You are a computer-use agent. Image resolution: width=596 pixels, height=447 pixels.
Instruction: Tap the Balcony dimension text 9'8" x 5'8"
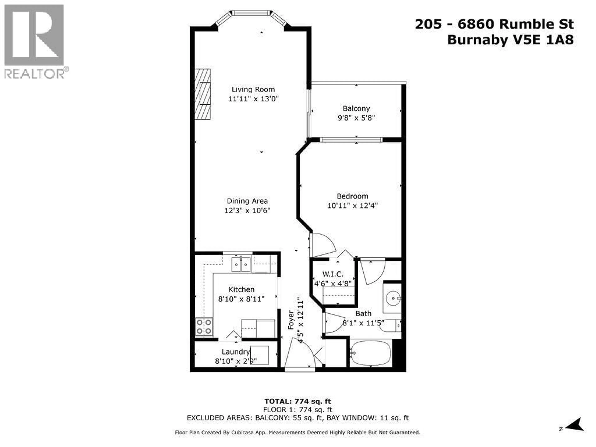click(x=356, y=118)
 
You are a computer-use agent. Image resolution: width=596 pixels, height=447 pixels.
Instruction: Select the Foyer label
click(x=291, y=320)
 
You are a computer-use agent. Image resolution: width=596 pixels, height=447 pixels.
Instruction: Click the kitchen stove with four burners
click(x=204, y=327)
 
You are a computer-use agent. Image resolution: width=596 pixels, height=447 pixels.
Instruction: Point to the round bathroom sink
click(x=393, y=298)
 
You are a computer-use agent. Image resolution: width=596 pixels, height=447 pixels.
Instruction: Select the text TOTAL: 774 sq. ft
click(x=298, y=402)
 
